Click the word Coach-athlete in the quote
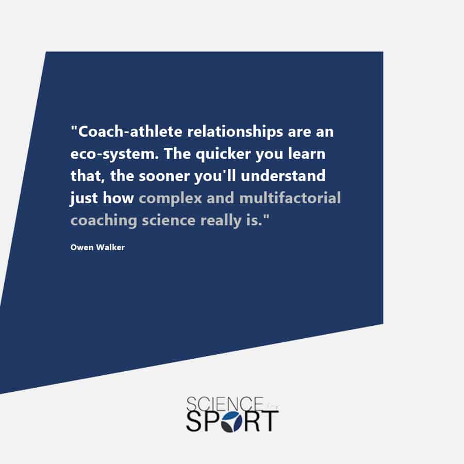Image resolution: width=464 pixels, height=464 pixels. [x=127, y=131]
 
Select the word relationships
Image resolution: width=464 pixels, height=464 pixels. [x=235, y=132]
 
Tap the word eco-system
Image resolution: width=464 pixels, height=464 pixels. [x=114, y=154]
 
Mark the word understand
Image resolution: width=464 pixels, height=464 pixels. [x=283, y=176]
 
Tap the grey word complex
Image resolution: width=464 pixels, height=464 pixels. [x=171, y=198]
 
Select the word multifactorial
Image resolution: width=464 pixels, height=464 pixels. [x=290, y=198]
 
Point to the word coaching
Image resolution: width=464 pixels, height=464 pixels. [x=104, y=221]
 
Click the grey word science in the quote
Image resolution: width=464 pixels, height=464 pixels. [x=169, y=220]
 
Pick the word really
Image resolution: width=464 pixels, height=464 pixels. [x=221, y=221]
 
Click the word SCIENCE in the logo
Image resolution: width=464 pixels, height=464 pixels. [x=225, y=404]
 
